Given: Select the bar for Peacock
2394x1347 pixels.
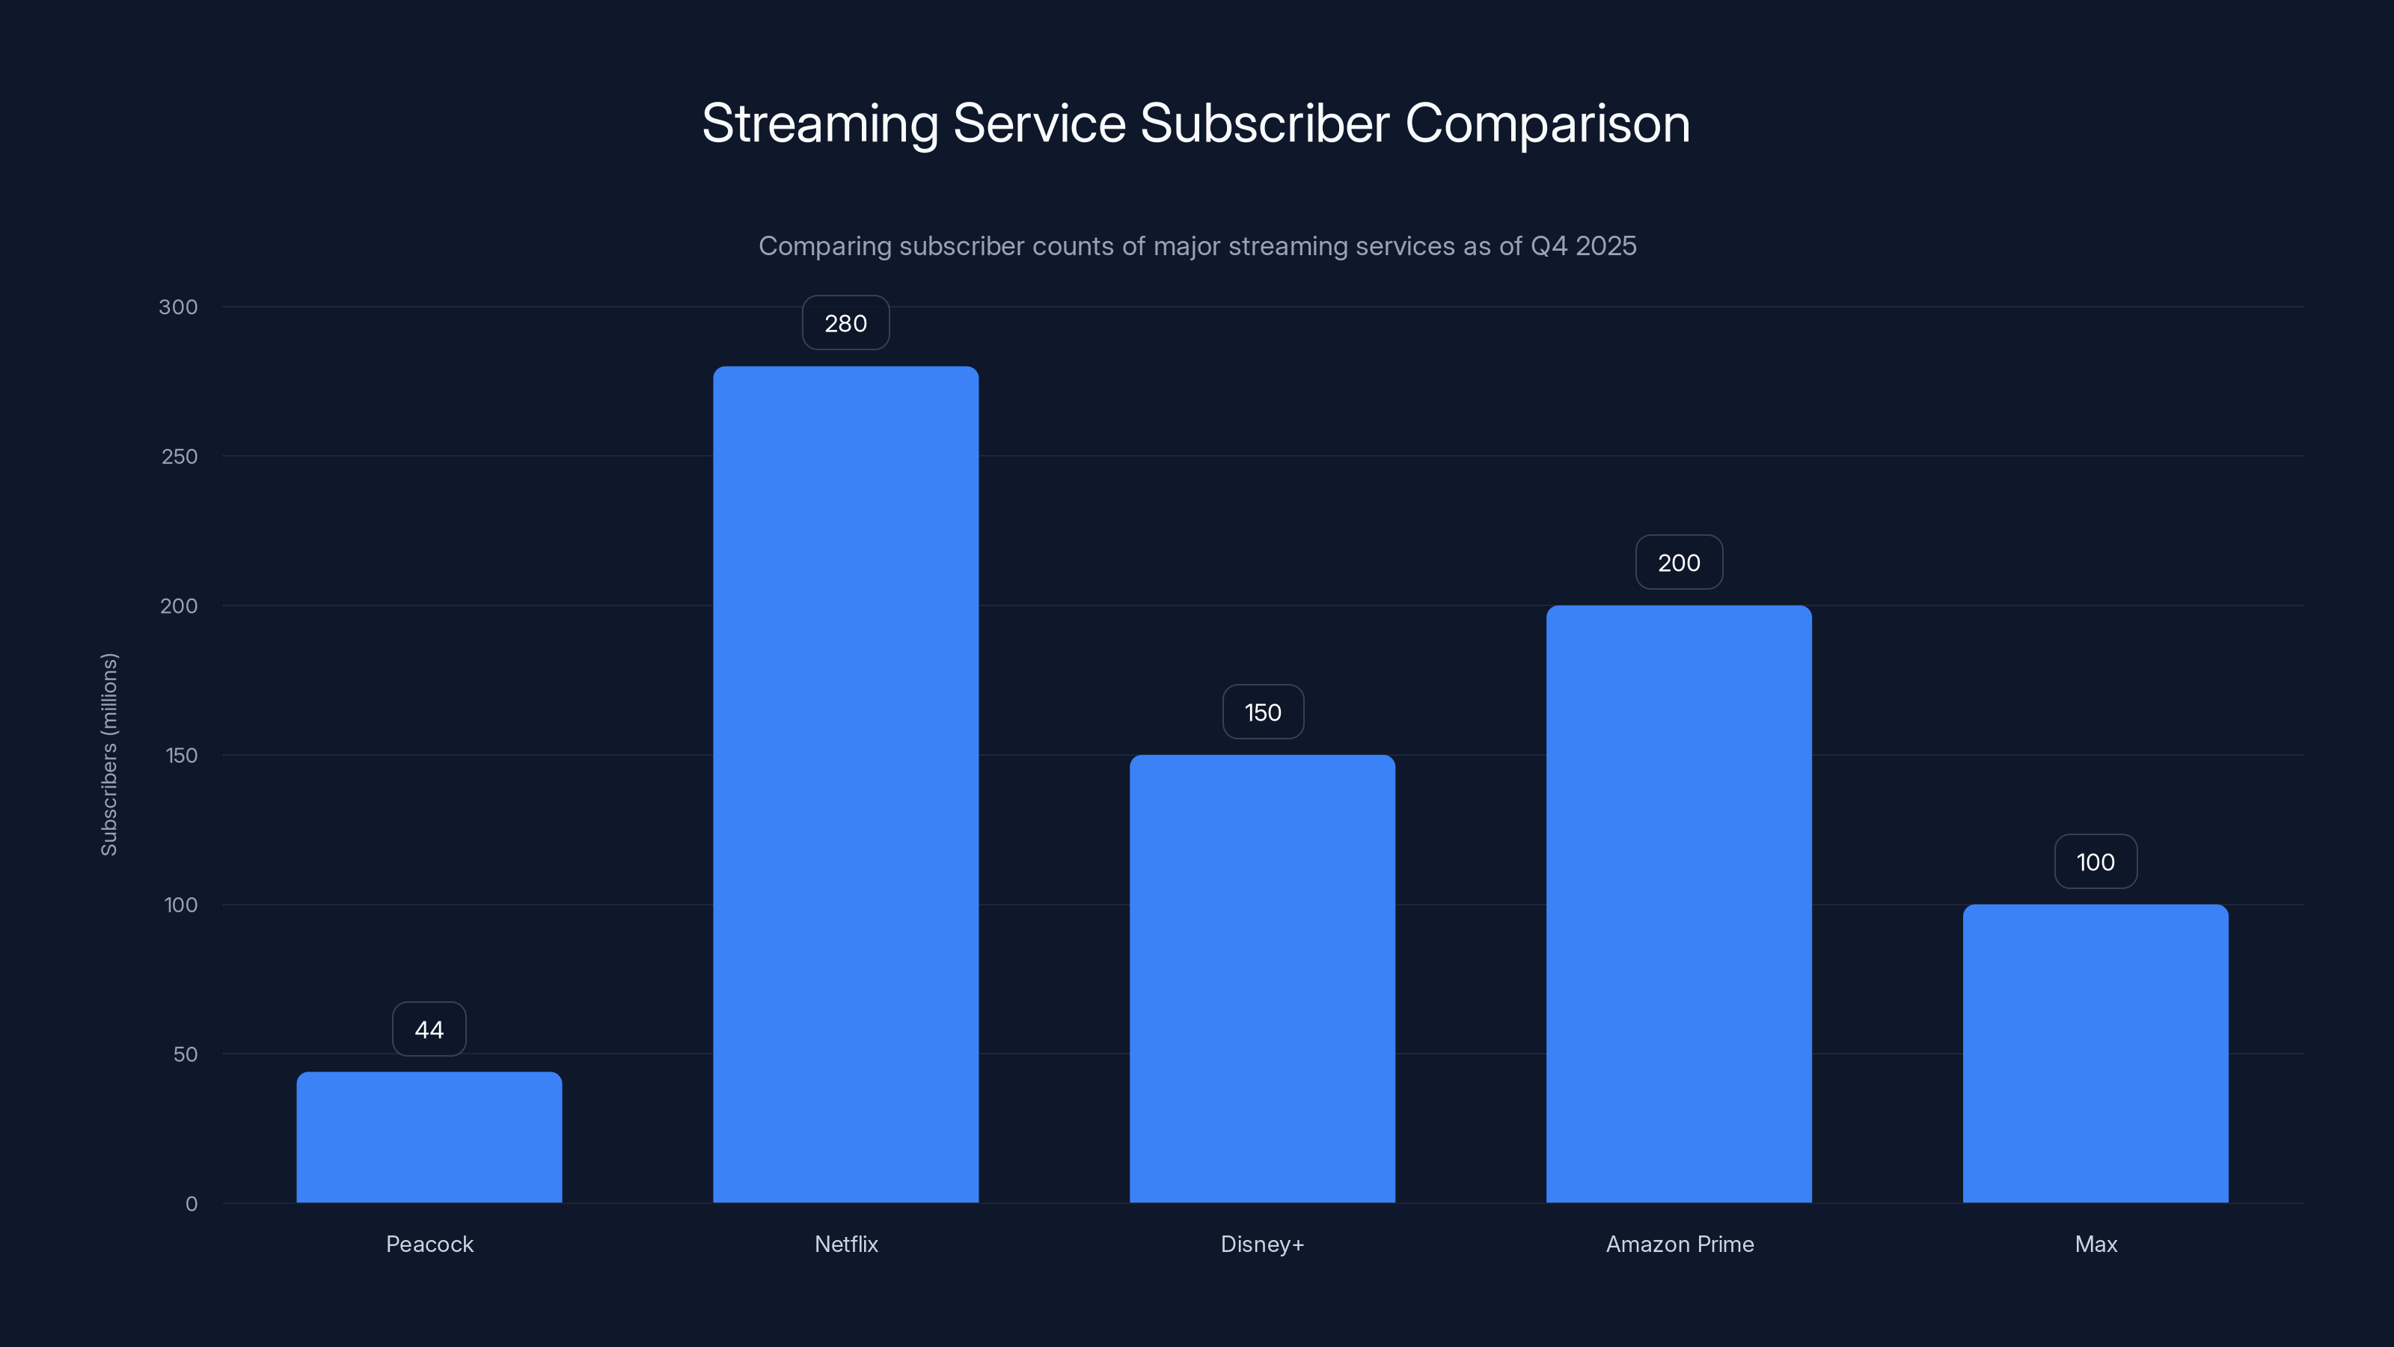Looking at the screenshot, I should pos(429,1137).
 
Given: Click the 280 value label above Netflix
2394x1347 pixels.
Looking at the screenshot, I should pos(845,323).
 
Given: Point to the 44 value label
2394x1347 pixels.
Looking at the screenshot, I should pos(429,1029).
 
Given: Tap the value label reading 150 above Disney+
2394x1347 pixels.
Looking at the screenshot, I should pos(1262,712).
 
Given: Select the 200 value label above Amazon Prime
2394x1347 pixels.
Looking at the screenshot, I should pos(1678,563).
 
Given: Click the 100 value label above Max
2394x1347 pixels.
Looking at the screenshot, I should pos(2095,862).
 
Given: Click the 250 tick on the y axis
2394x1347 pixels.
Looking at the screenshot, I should pos(180,456).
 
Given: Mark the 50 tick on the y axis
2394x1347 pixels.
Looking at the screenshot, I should pos(185,1054).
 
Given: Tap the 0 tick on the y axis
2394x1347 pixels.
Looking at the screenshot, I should pos(192,1204).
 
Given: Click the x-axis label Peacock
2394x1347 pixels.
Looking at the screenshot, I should pos(429,1244).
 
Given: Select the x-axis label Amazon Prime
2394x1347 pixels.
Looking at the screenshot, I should pos(1680,1244).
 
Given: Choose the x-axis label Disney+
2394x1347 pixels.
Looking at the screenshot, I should pos(1262,1244).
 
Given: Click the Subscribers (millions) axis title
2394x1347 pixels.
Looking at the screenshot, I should pos(108,754).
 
